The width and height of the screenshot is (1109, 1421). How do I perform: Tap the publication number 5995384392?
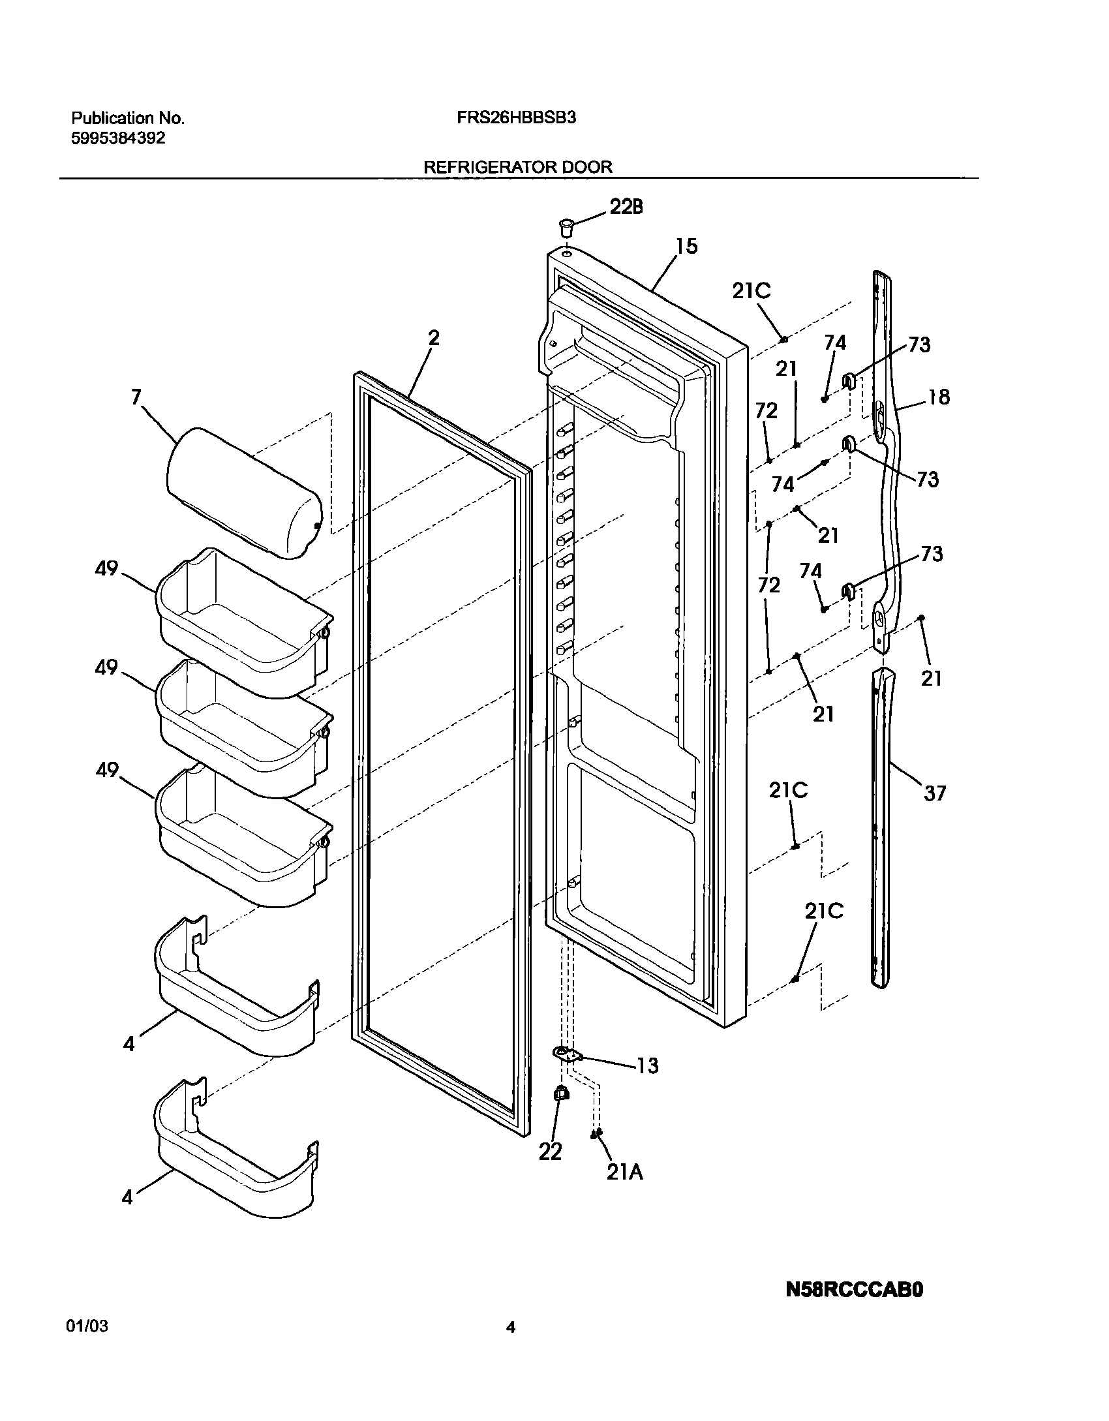tap(118, 138)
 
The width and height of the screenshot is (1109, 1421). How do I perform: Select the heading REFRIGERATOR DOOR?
tap(518, 167)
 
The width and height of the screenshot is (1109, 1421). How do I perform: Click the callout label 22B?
tap(626, 207)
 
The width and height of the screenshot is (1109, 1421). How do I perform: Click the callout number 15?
tap(686, 246)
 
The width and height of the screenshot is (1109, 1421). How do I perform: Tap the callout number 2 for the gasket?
tap(434, 337)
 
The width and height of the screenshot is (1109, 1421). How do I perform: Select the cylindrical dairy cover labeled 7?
tap(245, 493)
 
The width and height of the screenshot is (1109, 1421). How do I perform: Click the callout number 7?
tap(136, 397)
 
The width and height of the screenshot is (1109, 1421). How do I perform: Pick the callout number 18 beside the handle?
tap(939, 397)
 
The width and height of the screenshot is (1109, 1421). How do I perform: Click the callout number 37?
tap(934, 793)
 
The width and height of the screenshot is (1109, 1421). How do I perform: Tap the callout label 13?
tap(647, 1066)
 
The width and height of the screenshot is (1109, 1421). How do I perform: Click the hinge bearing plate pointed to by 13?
tap(565, 1052)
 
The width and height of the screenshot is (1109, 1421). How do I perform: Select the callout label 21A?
tap(624, 1172)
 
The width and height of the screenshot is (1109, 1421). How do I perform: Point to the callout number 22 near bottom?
tap(550, 1152)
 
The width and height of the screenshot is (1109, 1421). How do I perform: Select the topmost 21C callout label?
tap(751, 291)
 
